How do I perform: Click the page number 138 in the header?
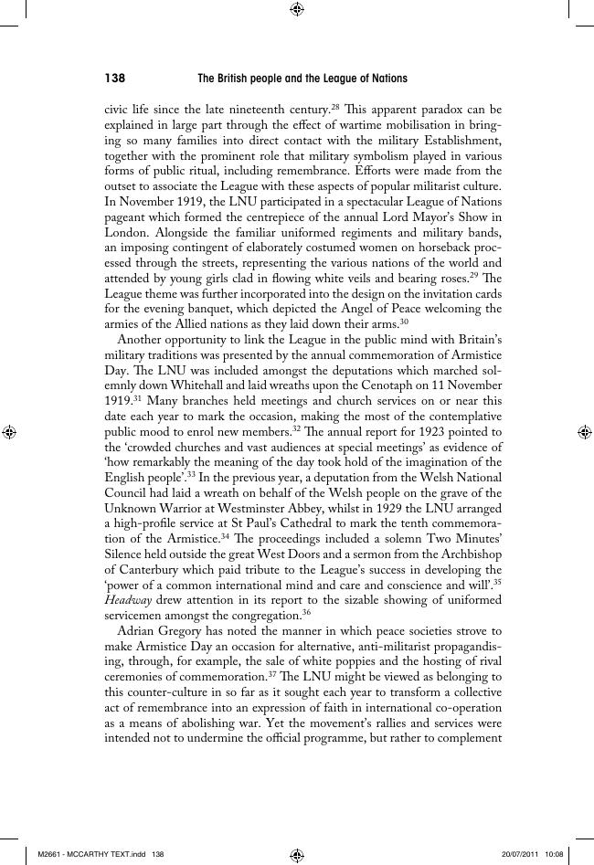coord(115,79)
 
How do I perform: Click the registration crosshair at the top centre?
coord(297,9)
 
